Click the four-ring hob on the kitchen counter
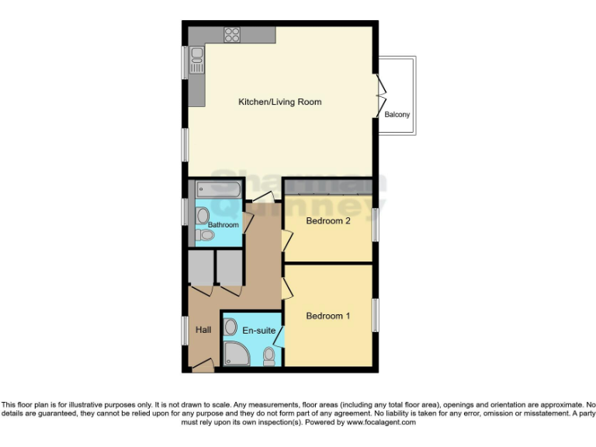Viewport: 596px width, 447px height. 232,34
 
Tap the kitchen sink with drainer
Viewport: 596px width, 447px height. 196,59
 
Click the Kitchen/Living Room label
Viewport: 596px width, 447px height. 279,102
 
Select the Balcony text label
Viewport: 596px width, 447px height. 397,115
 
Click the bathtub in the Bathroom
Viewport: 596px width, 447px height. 219,189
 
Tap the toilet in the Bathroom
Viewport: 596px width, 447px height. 205,234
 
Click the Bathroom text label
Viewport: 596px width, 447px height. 223,225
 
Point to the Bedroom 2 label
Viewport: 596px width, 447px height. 328,221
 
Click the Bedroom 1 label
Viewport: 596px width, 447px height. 328,316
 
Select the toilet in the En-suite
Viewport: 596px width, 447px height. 269,356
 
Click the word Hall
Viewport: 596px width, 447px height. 203,330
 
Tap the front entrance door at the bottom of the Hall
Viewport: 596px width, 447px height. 203,366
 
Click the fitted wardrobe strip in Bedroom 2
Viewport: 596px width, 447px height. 328,186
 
